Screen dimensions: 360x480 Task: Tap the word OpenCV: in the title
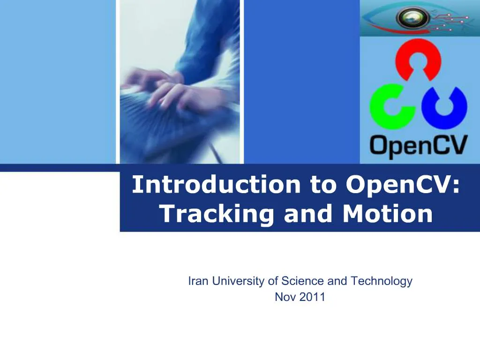pos(403,184)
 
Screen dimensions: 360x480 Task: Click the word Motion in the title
pos(388,214)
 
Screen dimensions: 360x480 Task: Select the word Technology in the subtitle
pos(382,281)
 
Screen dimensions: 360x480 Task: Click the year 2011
pos(313,297)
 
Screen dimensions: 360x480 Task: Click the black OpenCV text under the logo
pos(419,146)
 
